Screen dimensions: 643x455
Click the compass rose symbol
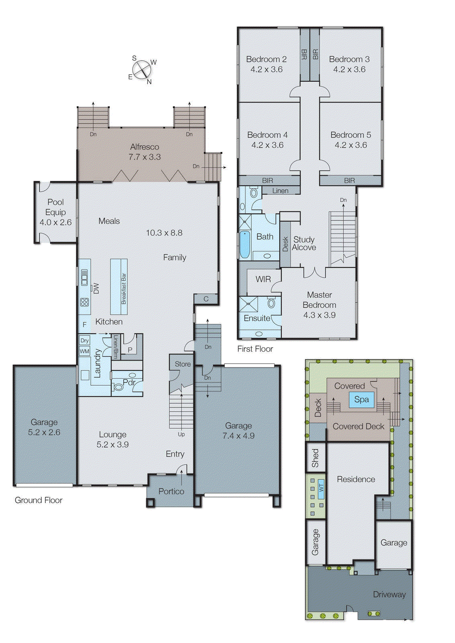pos(142,70)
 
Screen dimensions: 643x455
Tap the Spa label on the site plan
pos(361,399)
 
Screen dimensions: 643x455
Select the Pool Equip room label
pos(55,212)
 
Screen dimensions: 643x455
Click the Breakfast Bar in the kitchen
pos(119,287)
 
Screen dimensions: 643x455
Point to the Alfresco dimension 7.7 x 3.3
pos(144,157)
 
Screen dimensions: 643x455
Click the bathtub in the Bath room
pos(244,244)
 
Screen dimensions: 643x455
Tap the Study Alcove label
pos(304,244)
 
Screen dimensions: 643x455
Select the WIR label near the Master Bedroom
pos(263,279)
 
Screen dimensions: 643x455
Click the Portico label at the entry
pos(171,491)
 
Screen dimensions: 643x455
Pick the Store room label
pos(182,364)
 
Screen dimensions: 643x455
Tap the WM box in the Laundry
pos(84,351)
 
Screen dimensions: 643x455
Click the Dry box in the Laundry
pos(84,340)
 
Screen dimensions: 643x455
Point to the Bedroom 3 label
pos(349,59)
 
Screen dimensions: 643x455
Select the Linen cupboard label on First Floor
pos(280,191)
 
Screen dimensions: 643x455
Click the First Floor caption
pos(255,349)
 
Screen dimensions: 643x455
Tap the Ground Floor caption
pos(39,500)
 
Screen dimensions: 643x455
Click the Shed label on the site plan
pos(315,458)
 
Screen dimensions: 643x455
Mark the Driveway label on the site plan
pos(389,594)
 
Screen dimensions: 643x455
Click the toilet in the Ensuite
pos(271,303)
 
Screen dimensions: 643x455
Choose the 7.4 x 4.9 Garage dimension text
pos(239,436)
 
